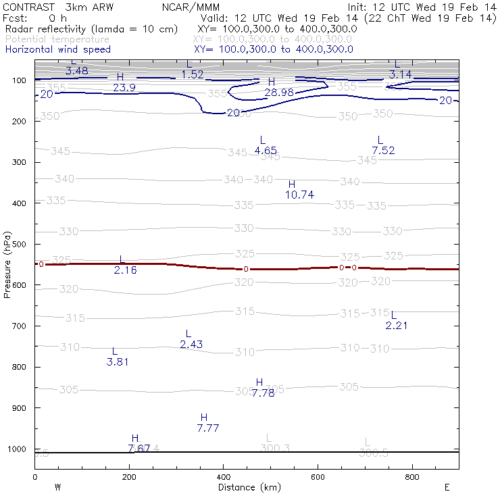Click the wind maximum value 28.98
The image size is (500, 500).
pyautogui.click(x=279, y=92)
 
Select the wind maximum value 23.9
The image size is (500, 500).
pyautogui.click(x=124, y=88)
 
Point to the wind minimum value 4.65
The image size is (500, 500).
pyautogui.click(x=266, y=151)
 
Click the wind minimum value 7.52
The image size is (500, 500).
pyautogui.click(x=383, y=150)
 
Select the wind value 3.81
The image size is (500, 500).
pyautogui.click(x=118, y=361)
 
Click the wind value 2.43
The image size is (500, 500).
pyautogui.click(x=191, y=345)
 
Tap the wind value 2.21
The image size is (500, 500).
pyautogui.click(x=397, y=326)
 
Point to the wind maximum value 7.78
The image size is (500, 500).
pyautogui.click(x=263, y=393)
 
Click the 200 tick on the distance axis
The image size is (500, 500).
pyautogui.click(x=129, y=477)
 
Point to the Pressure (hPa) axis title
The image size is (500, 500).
pyautogui.click(x=7, y=264)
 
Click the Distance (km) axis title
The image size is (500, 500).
pyautogui.click(x=247, y=487)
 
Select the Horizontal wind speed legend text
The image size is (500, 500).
pyautogui.click(x=58, y=49)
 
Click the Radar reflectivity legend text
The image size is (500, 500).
pyautogui.click(x=91, y=30)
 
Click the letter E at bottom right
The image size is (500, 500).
pyautogui.click(x=447, y=487)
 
